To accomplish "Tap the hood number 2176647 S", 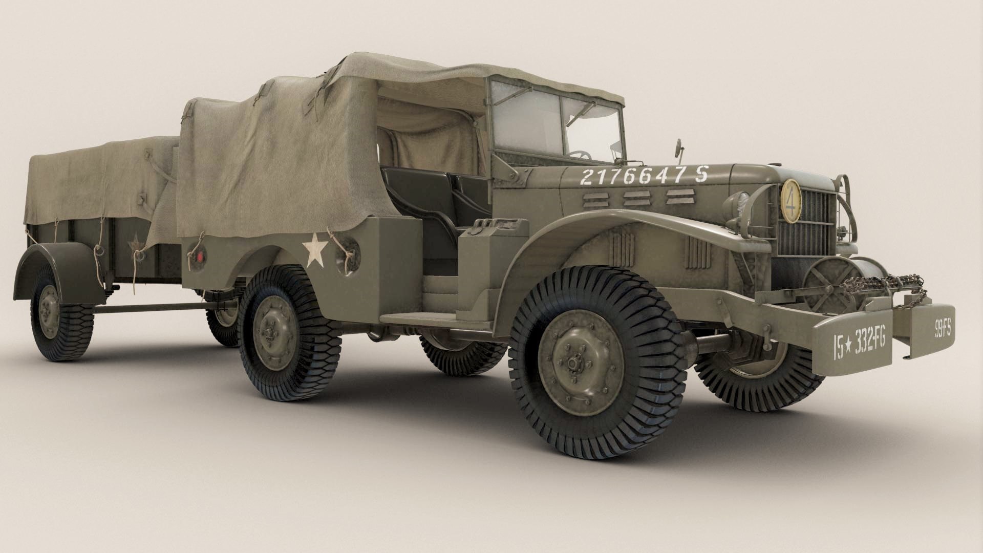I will (644, 176).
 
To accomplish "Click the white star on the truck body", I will (315, 251).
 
